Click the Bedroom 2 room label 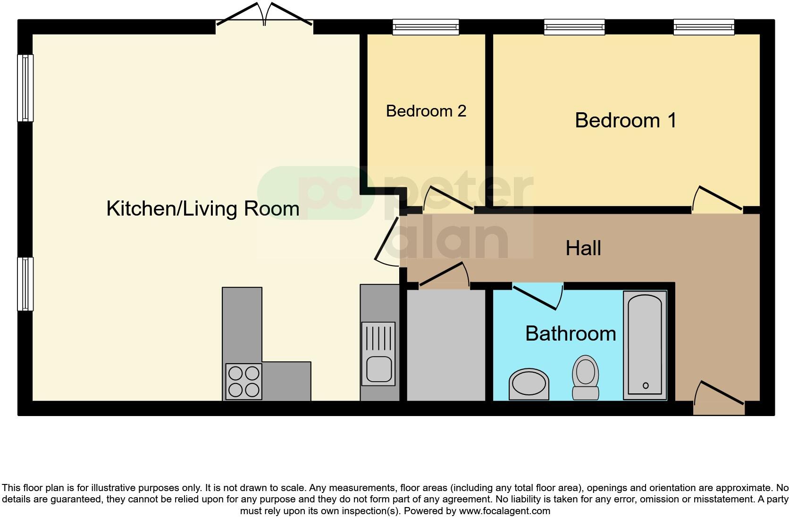(426, 111)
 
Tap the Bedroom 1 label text (625, 120)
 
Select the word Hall (583, 248)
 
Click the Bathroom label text (571, 334)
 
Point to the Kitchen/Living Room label (203, 208)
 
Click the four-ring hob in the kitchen (243, 382)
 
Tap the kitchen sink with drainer (378, 353)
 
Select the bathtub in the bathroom (645, 345)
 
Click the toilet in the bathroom (586, 377)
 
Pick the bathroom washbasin (529, 384)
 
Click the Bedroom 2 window (426, 27)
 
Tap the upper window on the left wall (25, 88)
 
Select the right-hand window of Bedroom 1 (704, 27)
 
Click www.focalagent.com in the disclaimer (504, 510)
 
